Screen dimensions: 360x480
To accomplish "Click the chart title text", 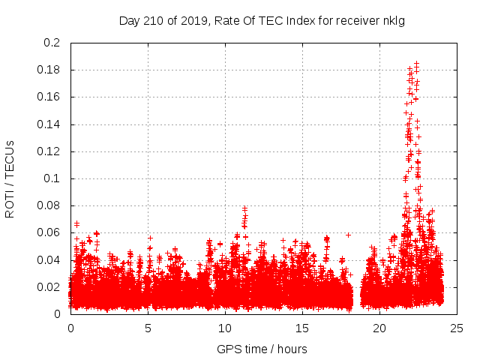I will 262,20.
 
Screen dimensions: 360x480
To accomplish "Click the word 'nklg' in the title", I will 394,20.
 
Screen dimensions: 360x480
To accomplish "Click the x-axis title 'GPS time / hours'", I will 262,349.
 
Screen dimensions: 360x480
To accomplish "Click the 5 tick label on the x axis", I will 148,328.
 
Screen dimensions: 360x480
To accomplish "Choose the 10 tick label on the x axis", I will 225,328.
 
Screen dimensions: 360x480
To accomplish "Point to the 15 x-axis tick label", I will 301,328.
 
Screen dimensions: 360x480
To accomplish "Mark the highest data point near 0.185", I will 416,64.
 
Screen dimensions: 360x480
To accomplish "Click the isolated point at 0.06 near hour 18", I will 348,235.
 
